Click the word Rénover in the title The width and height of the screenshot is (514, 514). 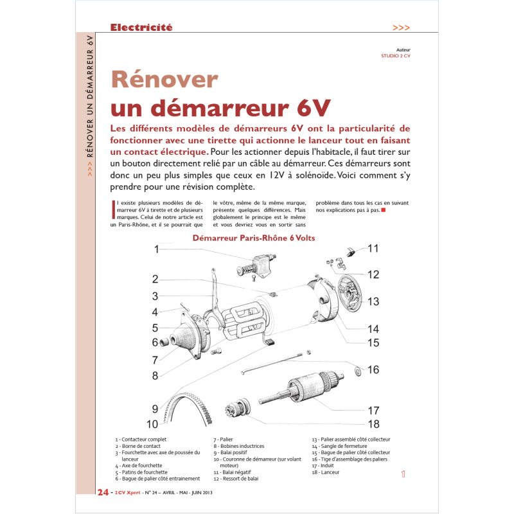[164, 80]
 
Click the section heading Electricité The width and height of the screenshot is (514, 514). [141, 28]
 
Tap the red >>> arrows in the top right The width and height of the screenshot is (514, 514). [400, 28]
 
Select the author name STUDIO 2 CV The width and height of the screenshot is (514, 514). [396, 55]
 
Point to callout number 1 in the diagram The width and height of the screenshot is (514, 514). [156, 249]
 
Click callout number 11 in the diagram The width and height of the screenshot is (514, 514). [373, 249]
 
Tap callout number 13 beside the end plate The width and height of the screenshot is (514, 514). [373, 301]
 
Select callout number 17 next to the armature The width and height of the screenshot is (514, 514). [373, 410]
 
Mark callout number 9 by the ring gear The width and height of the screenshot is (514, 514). [155, 409]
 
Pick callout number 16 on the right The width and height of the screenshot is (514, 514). [373, 369]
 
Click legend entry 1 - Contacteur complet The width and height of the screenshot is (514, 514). [141, 439]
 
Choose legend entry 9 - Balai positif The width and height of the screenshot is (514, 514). [233, 452]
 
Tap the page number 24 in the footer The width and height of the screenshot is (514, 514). [102, 493]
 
